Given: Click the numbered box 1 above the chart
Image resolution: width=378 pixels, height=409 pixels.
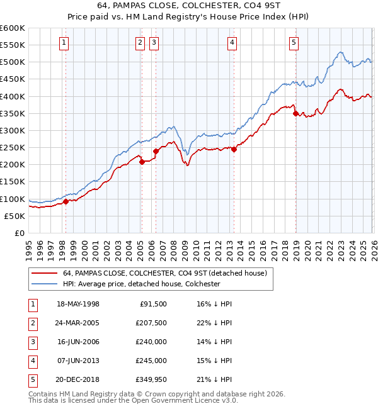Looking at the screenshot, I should pos(65,43).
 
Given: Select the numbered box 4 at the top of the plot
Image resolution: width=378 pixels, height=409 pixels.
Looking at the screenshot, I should pos(232,43).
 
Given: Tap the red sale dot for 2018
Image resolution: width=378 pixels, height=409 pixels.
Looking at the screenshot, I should pos(295,113).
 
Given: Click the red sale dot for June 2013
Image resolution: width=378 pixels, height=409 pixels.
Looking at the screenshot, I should pos(234,149).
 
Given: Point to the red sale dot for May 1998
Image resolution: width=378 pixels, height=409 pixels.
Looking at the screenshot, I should pos(66,201).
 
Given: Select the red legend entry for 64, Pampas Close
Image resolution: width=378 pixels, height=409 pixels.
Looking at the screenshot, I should pos(165,273).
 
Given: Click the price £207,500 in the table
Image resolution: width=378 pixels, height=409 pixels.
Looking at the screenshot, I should pos(150,322).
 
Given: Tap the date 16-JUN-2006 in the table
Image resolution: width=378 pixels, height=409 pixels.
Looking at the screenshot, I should pos(78,341).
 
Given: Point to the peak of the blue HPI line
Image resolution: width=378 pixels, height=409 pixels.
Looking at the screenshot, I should pos(340,52).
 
